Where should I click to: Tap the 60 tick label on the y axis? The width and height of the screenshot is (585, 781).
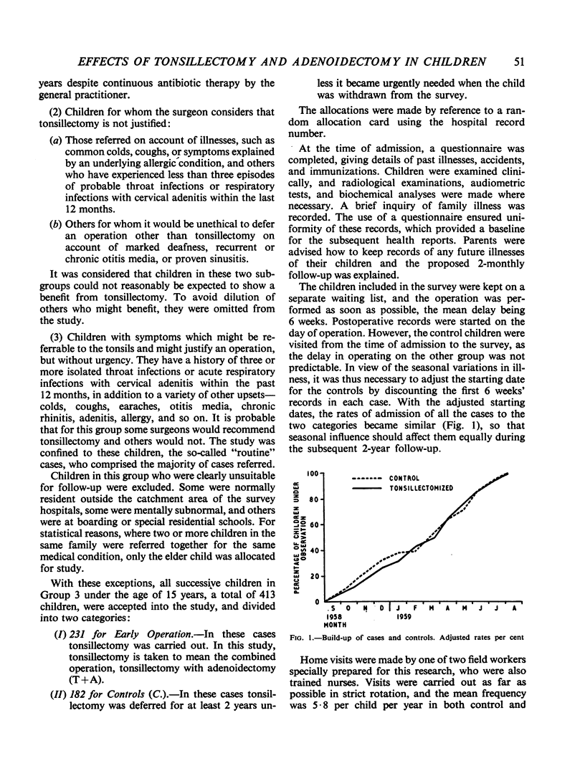(x=314, y=525)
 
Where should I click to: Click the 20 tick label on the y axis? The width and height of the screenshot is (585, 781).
(x=314, y=577)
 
